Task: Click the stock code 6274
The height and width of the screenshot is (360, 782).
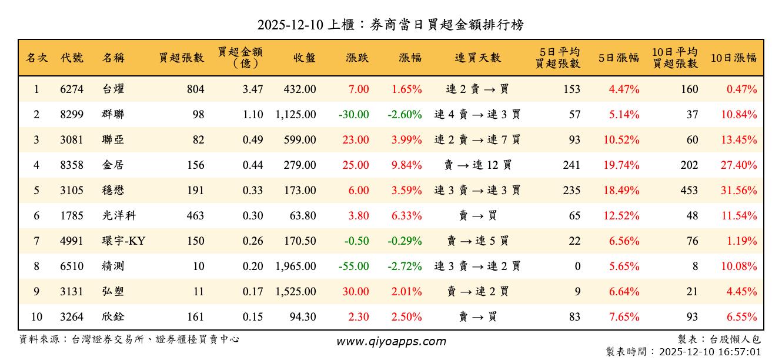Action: (72, 89)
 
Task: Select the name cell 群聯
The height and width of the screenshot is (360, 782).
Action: (112, 115)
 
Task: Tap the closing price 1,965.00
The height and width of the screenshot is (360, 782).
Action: (295, 266)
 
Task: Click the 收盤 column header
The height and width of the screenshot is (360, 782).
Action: (304, 58)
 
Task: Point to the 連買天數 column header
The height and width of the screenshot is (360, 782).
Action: (477, 58)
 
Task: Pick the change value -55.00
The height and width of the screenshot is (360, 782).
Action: (354, 266)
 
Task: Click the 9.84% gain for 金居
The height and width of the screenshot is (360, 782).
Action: (407, 165)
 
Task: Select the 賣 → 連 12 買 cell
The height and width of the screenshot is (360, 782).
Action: (477, 165)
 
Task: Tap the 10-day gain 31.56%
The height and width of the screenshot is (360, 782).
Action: (739, 191)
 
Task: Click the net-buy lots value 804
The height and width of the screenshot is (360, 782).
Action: (195, 89)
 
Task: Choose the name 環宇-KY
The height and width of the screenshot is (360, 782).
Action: (123, 241)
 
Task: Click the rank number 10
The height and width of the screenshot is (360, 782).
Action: (36, 317)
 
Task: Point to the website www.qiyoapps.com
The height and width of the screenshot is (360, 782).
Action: (391, 341)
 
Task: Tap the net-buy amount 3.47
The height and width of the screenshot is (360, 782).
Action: (253, 89)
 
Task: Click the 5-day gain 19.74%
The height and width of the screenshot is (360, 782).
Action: (621, 165)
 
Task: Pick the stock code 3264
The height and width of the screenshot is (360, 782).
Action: (72, 317)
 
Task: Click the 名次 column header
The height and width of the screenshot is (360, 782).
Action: (36, 58)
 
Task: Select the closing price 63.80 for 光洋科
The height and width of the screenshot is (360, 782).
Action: (303, 216)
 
